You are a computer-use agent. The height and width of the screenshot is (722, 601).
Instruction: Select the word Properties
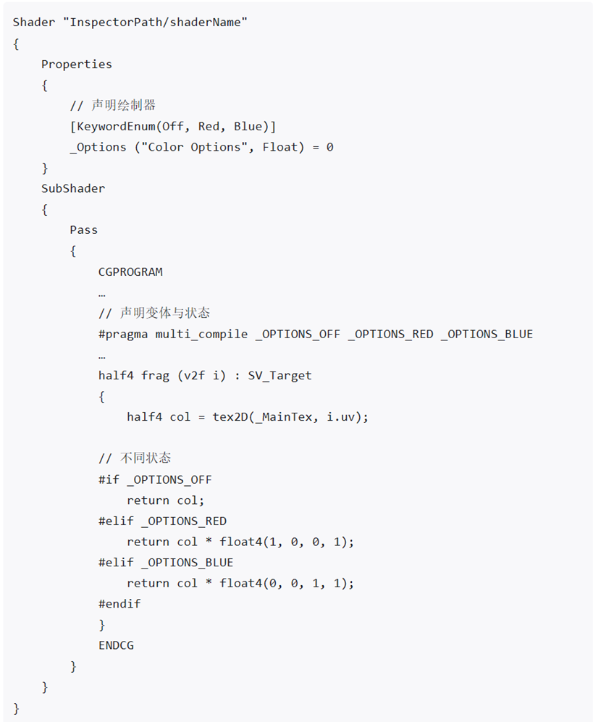(77, 64)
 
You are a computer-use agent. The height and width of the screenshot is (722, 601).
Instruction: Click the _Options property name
(98, 147)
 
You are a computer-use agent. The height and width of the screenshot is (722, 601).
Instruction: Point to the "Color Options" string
(194, 147)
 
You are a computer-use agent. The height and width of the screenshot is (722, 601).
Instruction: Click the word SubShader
(73, 188)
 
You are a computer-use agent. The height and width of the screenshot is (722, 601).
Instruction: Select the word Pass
(84, 230)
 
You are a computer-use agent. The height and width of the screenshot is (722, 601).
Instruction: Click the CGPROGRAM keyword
(130, 272)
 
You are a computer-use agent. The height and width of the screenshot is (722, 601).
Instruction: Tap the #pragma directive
(123, 335)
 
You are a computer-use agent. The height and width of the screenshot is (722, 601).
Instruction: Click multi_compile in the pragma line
(201, 335)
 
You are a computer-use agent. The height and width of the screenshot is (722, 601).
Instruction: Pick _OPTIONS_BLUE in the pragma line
(487, 335)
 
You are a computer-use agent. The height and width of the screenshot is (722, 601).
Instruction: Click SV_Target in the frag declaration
(280, 376)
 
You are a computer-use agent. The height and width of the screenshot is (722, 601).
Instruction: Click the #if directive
(109, 480)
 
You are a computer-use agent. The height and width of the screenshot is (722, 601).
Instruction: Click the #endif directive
(119, 604)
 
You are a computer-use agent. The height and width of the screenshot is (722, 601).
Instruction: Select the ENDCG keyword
(116, 645)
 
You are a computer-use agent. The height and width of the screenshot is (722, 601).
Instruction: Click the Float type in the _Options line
(280, 147)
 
